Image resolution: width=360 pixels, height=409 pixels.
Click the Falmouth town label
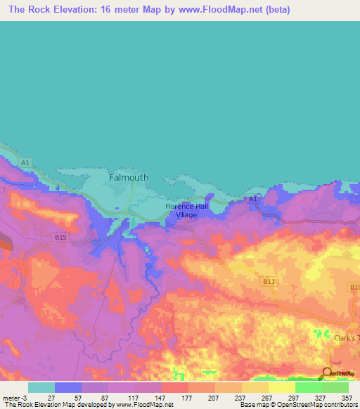click(x=129, y=178)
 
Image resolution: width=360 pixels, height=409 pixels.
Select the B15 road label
click(x=61, y=238)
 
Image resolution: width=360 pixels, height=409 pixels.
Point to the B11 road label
click(x=267, y=282)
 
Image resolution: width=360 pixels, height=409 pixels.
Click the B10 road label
click(x=354, y=287)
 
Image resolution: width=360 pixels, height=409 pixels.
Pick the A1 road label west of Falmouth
click(x=25, y=163)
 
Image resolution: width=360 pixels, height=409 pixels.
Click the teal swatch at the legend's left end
click(x=41, y=387)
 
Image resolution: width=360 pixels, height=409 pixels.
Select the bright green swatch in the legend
click(x=308, y=387)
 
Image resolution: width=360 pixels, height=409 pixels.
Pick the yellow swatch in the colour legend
click(x=281, y=387)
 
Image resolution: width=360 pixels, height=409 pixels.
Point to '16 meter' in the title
click(x=124, y=11)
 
